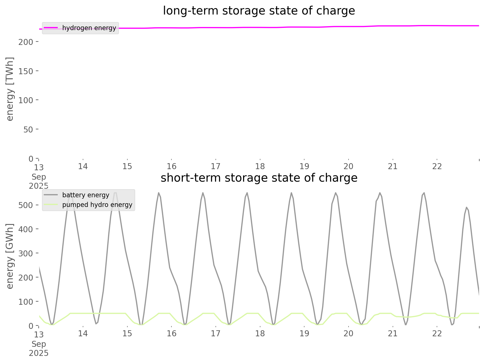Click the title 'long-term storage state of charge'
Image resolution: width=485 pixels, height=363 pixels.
[259, 11]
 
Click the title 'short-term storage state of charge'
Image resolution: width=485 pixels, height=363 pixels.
[259, 178]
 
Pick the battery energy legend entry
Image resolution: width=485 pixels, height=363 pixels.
[86, 195]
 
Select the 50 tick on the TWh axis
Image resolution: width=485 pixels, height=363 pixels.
[28, 129]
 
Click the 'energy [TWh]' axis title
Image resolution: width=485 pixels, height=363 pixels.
[10, 89]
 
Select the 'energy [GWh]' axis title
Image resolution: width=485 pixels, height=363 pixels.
[10, 256]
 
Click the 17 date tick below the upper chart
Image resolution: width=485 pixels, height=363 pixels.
[216, 166]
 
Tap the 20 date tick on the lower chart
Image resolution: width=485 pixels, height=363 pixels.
[349, 333]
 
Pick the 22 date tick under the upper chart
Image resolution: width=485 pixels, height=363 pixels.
[437, 166]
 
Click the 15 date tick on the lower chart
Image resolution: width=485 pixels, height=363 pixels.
[127, 333]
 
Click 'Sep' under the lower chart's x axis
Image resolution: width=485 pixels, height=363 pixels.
[39, 344]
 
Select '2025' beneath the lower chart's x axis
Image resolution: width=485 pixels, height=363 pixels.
[39, 353]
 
